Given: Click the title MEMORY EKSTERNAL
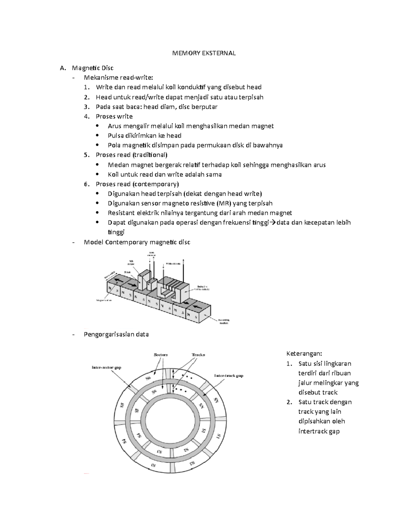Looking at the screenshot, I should pos(204,53).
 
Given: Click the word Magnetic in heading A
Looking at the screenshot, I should pos(84,68).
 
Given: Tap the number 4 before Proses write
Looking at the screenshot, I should pos(87,116).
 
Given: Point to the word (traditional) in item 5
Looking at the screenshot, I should pos(150,155).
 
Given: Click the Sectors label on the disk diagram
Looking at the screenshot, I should pos(161,355).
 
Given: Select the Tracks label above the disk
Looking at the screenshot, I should pos(198,355).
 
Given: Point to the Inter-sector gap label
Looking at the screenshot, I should pos(106,368).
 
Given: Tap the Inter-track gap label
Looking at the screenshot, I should pos(228,376).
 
